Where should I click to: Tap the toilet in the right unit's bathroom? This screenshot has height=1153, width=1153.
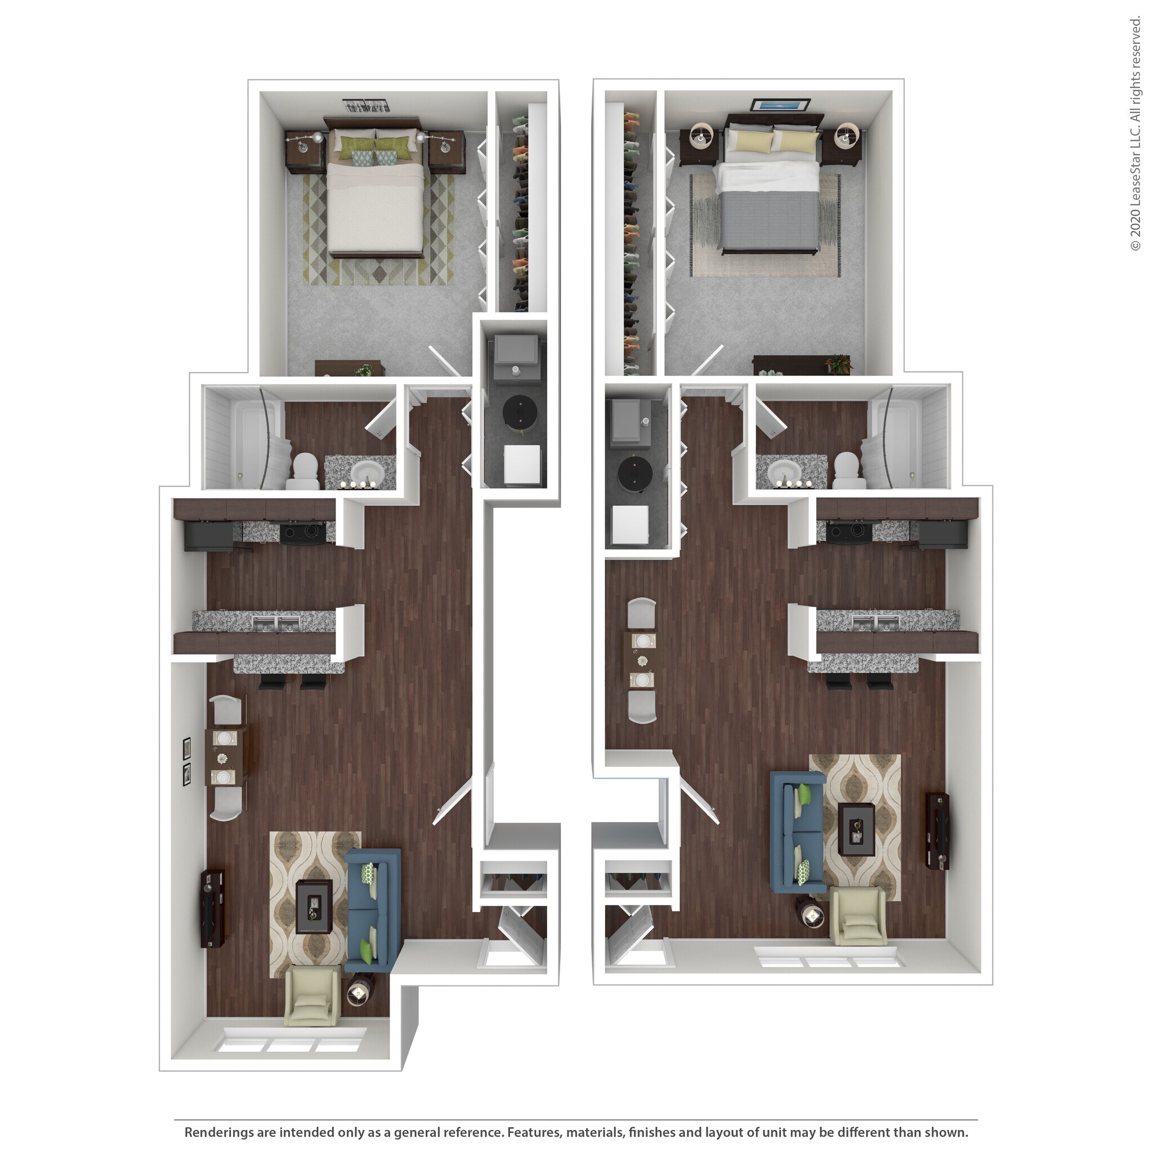(x=847, y=470)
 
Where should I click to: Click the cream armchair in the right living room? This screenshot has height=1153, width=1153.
(x=858, y=916)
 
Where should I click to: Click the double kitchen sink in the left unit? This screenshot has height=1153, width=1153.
(x=276, y=624)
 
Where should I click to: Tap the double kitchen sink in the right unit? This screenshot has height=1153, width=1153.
(x=875, y=624)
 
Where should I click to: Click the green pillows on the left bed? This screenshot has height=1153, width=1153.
(x=375, y=148)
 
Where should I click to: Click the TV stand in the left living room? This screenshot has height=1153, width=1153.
(x=212, y=908)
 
